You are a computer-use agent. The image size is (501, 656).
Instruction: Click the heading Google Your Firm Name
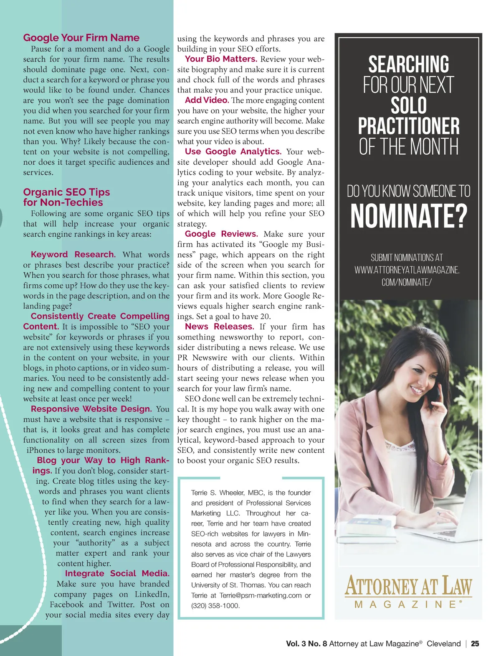coord(81,38)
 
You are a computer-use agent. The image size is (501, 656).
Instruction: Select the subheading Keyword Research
coord(73,255)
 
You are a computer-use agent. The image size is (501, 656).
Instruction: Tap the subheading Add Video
coord(207,100)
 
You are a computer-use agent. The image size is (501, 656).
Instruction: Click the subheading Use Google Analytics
coord(233,152)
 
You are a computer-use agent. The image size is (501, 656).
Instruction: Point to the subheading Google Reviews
coord(221,234)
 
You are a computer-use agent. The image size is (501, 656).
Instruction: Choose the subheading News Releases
coord(219,327)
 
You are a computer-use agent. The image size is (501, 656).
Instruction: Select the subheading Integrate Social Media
coord(117,574)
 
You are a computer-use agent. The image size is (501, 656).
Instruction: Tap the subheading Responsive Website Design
coord(91,409)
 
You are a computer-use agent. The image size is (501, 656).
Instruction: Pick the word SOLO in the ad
coord(408,105)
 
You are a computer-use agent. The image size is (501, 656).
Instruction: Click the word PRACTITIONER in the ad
coord(408,126)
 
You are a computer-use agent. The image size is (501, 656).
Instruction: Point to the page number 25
coord(475,644)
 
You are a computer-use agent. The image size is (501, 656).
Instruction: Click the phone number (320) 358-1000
coord(215,605)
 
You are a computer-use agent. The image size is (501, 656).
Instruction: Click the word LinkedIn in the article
coord(152,595)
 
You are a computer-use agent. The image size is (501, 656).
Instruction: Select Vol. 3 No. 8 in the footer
coord(306,644)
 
